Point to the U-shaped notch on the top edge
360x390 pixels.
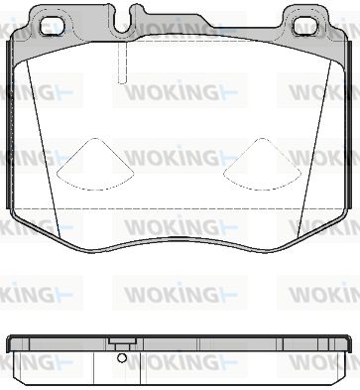[123, 22]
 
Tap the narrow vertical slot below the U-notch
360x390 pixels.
[122, 63]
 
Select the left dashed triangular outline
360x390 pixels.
[95, 165]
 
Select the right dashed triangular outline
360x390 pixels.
[262, 165]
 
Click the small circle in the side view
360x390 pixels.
[122, 357]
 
